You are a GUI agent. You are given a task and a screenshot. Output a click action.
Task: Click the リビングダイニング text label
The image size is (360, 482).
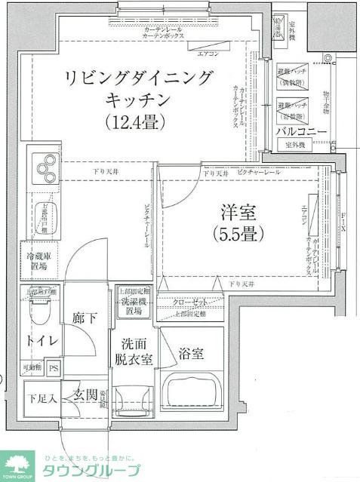(140, 78)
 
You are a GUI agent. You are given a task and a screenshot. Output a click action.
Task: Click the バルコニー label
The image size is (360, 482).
(301, 131)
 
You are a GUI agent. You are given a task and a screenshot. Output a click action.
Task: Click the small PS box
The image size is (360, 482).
(53, 369)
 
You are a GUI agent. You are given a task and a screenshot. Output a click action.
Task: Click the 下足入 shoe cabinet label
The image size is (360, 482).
(39, 398)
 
